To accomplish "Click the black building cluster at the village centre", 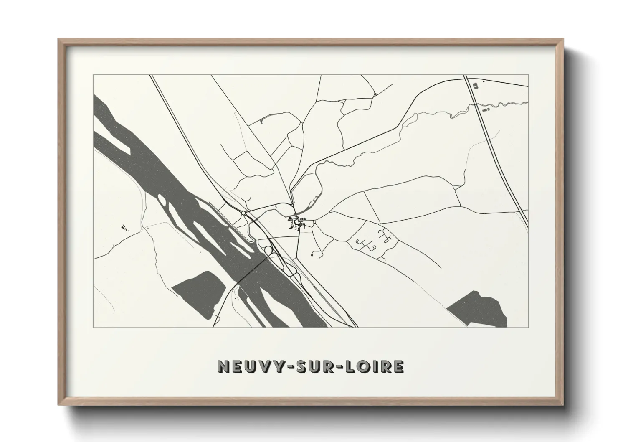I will click(297, 222).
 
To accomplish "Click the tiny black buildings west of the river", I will click(124, 228).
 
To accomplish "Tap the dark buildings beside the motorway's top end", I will click(474, 86).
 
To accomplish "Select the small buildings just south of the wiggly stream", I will click(485, 109).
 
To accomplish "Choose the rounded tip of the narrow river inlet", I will click(250, 239).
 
